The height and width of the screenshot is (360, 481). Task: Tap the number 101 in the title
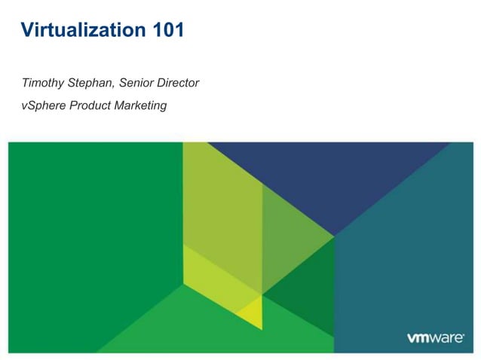[x=166, y=31]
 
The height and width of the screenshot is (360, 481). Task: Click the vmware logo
[x=435, y=337]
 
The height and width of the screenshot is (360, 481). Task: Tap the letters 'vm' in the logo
[x=419, y=338]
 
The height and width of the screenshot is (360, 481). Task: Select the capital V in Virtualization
[x=27, y=31]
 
